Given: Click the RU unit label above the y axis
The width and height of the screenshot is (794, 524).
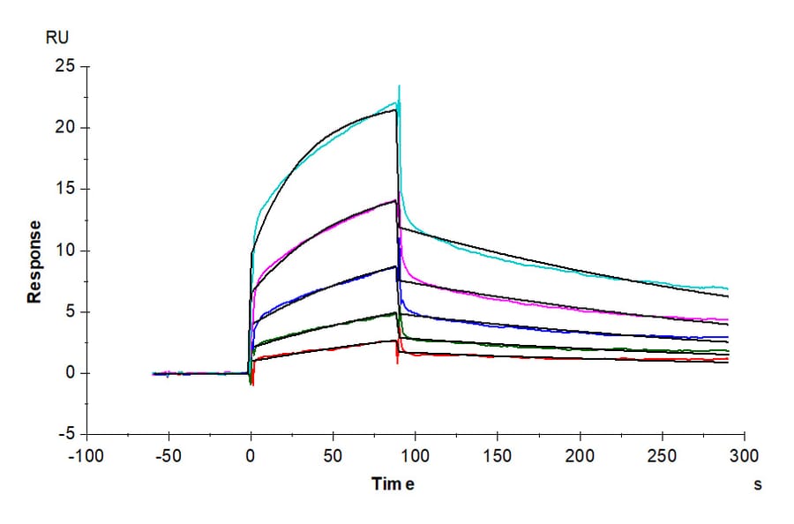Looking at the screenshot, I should [x=56, y=38].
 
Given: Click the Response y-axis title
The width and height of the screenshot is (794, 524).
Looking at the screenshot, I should [x=34, y=261].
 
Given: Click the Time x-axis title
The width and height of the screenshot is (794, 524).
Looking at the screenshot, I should [x=393, y=484].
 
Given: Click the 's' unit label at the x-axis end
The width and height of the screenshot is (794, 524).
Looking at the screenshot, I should [x=757, y=484].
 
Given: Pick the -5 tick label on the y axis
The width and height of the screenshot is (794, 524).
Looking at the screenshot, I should [x=63, y=435].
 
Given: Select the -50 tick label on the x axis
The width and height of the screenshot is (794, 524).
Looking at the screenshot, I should [x=168, y=457].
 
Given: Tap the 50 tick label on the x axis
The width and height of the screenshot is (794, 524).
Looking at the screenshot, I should [x=333, y=457].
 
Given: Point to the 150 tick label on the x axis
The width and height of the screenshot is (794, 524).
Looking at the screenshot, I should [x=498, y=457].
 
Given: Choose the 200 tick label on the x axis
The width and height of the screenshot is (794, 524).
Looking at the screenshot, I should [x=580, y=457].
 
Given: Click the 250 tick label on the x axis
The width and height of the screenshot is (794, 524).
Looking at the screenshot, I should [x=662, y=457].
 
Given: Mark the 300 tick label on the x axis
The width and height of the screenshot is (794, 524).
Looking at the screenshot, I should [x=744, y=457].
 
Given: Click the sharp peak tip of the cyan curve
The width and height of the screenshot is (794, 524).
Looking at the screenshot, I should [x=400, y=86].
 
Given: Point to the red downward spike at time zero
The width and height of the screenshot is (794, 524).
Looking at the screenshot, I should [x=253, y=384].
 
